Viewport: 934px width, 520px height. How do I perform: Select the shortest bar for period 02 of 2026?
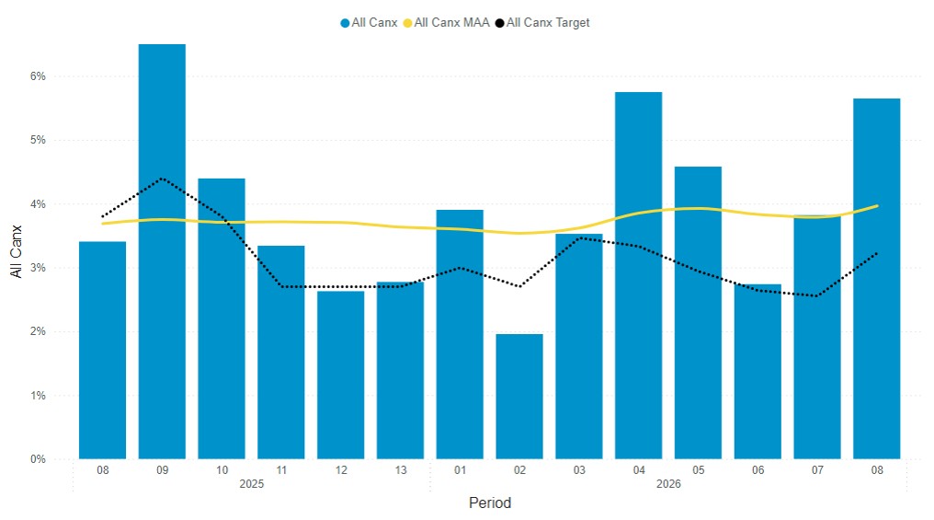coord(518,396)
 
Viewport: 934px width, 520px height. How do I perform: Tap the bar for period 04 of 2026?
coord(638,275)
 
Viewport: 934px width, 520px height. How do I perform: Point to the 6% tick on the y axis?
coord(39,76)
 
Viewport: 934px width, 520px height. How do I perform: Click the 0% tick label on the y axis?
coord(39,459)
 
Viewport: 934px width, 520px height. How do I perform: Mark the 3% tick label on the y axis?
coord(39,268)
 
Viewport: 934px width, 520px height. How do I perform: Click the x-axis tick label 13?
coord(400,470)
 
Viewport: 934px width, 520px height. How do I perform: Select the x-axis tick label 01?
coord(460,470)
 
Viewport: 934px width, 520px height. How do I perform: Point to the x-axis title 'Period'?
coord(489,503)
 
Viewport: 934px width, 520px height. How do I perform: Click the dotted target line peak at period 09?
coord(162,179)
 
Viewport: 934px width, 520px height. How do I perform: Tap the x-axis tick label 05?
coord(698,470)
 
